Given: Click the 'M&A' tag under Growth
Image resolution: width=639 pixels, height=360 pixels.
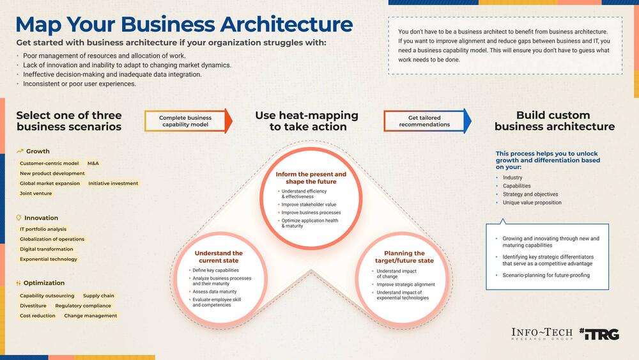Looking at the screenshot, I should point(93,163).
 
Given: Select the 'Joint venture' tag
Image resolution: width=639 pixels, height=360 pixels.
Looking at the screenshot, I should point(36,193).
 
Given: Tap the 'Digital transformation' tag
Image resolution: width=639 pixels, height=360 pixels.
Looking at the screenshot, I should point(47,249).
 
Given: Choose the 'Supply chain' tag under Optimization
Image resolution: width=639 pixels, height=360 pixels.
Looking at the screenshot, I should point(98,296).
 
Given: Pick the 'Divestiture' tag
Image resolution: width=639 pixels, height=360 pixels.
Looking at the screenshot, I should point(33,306).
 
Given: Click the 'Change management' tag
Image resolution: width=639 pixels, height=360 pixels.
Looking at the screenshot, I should point(90,316).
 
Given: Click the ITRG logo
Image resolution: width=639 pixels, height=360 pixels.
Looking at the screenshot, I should point(599,334).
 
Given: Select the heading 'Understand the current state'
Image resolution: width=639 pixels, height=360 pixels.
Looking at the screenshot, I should point(219,257).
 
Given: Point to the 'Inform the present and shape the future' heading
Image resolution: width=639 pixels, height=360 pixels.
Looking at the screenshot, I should point(311,178).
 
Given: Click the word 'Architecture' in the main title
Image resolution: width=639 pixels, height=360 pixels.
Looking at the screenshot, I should point(284,24).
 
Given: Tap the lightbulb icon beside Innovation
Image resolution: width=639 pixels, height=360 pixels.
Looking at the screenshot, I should point(19,218).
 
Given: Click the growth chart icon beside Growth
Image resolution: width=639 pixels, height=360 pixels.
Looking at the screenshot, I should point(20,152).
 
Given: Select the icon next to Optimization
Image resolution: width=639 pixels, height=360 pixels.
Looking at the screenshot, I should point(19,283).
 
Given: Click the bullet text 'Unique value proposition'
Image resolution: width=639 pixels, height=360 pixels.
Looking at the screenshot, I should point(532,203).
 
